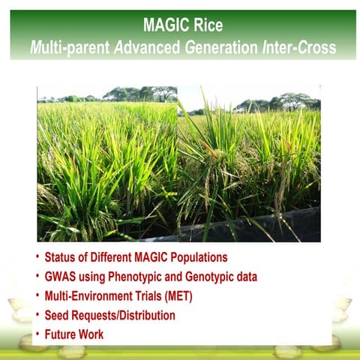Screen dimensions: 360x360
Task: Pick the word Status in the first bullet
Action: [62, 258]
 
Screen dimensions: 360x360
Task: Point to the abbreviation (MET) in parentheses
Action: [177, 296]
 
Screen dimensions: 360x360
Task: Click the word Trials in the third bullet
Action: [142, 296]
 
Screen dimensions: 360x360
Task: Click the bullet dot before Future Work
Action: [37, 333]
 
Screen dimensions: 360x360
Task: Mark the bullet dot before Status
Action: [37, 257]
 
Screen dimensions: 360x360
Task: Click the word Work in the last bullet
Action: [92, 334]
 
